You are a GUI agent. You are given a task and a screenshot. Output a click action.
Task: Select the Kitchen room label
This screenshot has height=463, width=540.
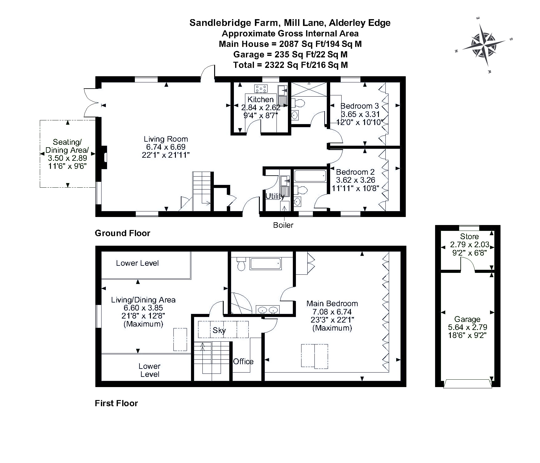pyautogui.click(x=261, y=99)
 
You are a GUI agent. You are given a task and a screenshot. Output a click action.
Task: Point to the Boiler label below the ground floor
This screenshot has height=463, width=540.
pyautogui.click(x=283, y=225)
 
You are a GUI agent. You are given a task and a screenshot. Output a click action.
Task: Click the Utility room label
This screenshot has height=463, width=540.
pyautogui.click(x=275, y=196)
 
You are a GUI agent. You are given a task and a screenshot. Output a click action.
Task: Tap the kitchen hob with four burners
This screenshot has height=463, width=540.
pyautogui.click(x=261, y=89)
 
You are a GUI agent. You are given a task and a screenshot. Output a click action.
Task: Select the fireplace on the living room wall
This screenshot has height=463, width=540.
pyautogui.click(x=104, y=157)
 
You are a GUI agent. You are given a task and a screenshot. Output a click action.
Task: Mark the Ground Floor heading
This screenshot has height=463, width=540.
pyautogui.click(x=123, y=233)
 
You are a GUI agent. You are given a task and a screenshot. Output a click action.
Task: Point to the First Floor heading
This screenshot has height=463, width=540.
pyautogui.click(x=116, y=403)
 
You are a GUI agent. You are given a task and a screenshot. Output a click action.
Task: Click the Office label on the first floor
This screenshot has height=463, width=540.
pyautogui.click(x=243, y=361)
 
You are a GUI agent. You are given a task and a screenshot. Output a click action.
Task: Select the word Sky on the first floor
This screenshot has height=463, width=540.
pyautogui.click(x=219, y=330)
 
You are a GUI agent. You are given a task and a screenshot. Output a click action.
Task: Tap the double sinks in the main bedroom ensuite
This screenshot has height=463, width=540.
pyautogui.click(x=268, y=310)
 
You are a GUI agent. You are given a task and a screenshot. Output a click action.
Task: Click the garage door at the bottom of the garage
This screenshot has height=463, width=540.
pyautogui.click(x=467, y=384)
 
